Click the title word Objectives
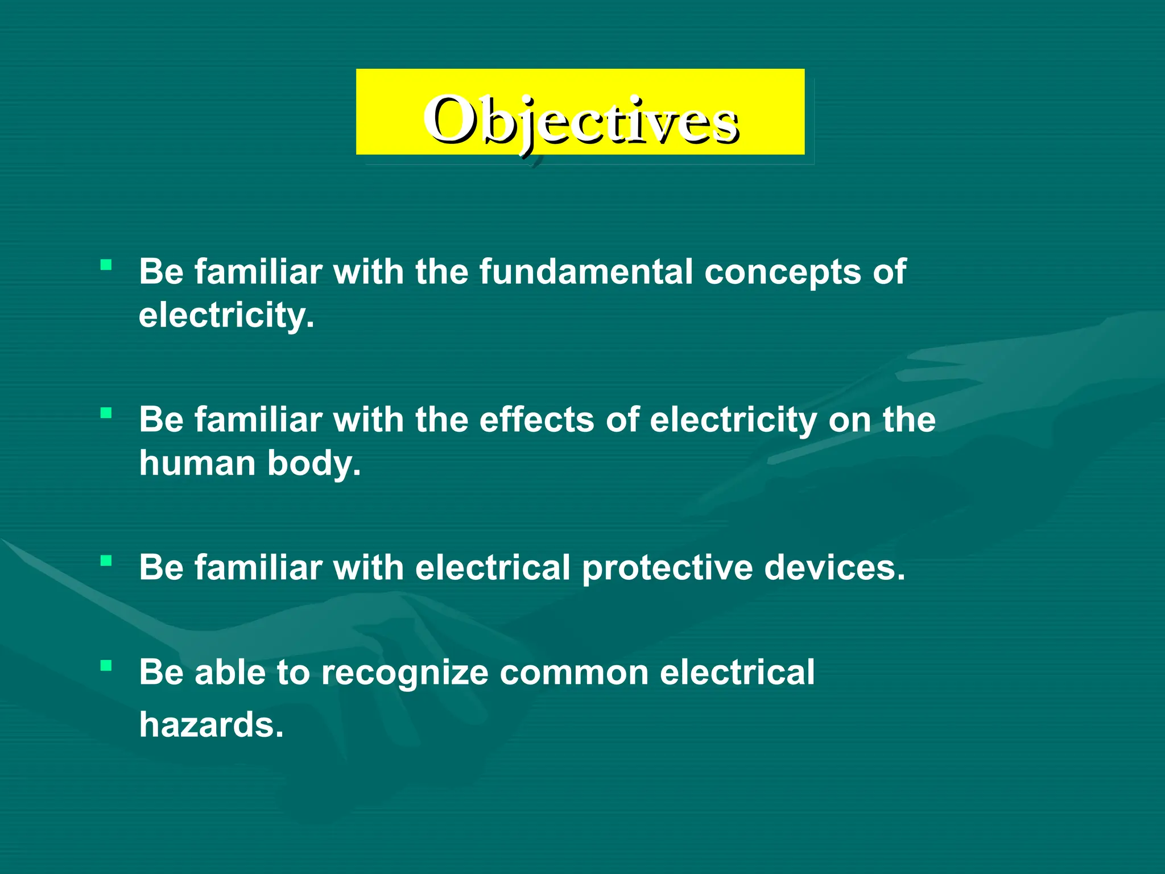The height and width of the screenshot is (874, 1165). [x=580, y=121]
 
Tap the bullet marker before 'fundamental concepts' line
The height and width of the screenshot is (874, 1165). [x=106, y=265]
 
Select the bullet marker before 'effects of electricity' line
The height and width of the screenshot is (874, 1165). [x=106, y=413]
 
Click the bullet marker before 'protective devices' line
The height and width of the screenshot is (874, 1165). [x=106, y=561]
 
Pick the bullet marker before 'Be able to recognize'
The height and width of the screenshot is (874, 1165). [x=106, y=665]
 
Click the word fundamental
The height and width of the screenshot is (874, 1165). [x=585, y=271]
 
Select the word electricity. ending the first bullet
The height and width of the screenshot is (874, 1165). [x=226, y=316]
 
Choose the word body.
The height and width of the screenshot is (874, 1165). [x=314, y=464]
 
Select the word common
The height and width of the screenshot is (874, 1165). [x=574, y=673]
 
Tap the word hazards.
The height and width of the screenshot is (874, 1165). [x=211, y=725]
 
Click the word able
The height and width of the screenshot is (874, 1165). [x=230, y=672]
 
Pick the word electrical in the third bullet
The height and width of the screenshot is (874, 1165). [x=493, y=568]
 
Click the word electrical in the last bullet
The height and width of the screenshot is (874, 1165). [x=737, y=672]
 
